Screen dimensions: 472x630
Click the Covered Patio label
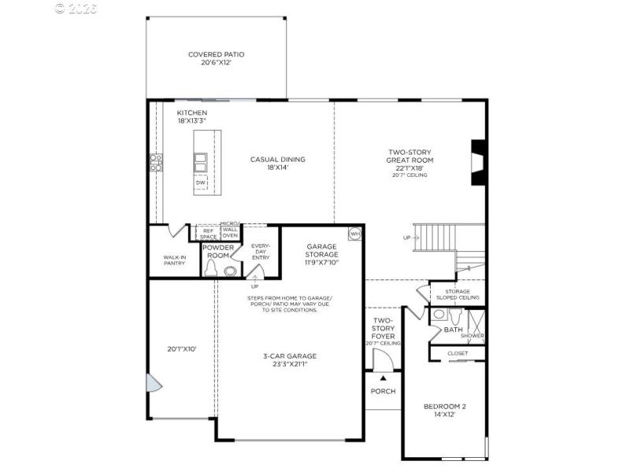[x=216, y=59]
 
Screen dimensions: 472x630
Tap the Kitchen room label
[x=191, y=116]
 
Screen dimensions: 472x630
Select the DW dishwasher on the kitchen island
[x=201, y=183]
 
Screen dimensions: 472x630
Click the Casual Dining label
[x=277, y=164]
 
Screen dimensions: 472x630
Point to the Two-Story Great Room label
[x=409, y=160]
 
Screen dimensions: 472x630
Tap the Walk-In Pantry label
[x=174, y=260]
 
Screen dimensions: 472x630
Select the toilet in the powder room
[x=210, y=269]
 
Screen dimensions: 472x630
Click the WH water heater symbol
[x=354, y=233]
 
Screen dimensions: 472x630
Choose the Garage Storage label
[x=322, y=254]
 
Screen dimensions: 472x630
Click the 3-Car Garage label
[x=290, y=360]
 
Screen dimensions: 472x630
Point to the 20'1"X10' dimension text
[x=182, y=348]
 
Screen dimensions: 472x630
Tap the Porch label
[x=383, y=391]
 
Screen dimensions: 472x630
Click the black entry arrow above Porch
[x=383, y=378]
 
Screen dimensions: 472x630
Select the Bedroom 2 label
[x=445, y=411]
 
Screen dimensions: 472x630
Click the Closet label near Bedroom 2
[x=457, y=353]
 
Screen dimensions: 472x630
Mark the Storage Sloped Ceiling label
[x=458, y=294]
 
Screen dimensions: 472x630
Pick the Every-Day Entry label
[x=261, y=252]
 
